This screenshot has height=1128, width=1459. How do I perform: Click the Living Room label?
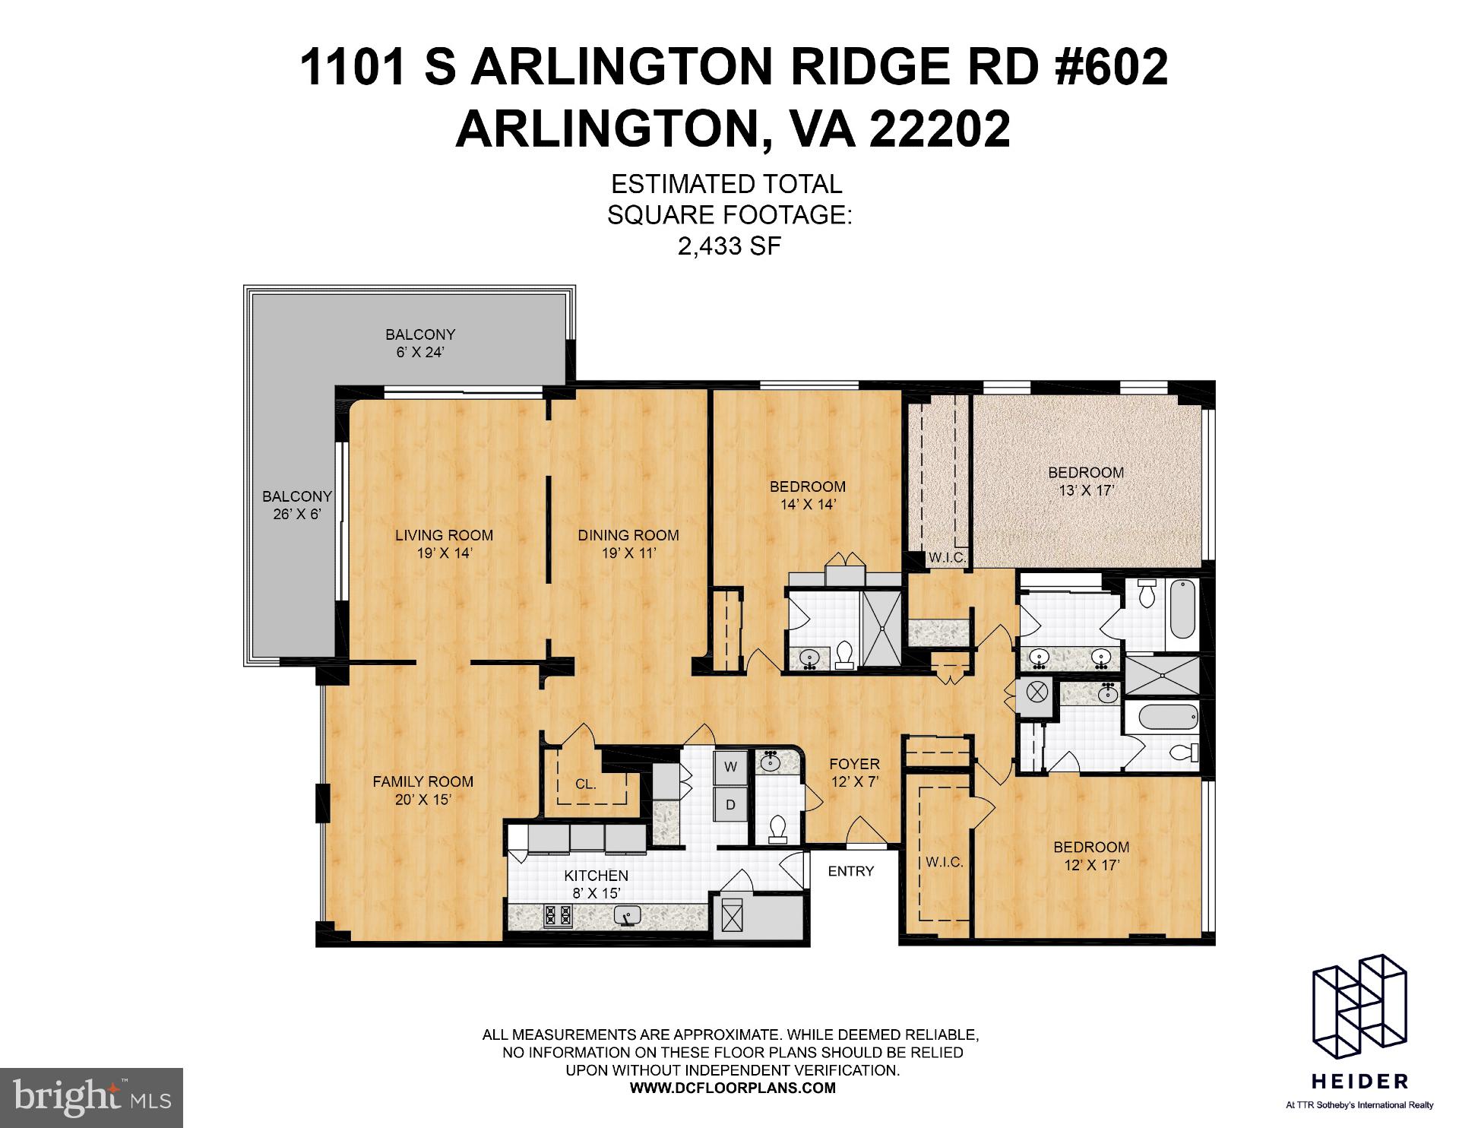(x=444, y=543)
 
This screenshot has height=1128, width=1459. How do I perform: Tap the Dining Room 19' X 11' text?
(x=628, y=543)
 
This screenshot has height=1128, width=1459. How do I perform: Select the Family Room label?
(x=423, y=790)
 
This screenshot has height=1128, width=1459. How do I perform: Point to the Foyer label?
(x=854, y=772)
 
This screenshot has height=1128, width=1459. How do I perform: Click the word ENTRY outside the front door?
(x=850, y=871)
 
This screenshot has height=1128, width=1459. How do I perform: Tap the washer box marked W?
(x=730, y=767)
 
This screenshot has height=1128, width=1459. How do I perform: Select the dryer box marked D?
(x=730, y=804)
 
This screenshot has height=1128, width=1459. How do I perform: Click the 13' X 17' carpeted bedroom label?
(x=1085, y=481)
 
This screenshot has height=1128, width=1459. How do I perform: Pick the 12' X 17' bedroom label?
(x=1090, y=855)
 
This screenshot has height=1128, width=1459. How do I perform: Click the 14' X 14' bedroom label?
(x=807, y=495)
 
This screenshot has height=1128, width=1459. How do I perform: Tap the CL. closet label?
(x=585, y=784)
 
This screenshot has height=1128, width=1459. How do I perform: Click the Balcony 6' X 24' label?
(x=419, y=343)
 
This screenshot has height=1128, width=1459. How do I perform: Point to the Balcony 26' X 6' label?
(x=297, y=505)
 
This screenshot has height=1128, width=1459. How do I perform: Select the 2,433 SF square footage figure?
(x=729, y=246)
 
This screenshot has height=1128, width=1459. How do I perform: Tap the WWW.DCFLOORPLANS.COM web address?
(x=733, y=1088)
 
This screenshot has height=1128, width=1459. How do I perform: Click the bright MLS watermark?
(x=91, y=1098)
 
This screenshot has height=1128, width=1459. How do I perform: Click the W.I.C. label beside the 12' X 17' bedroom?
(x=944, y=862)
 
